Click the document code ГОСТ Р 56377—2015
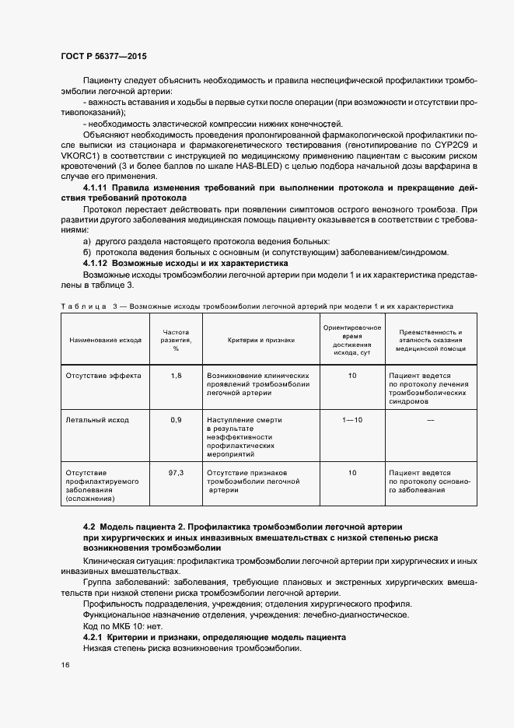coord(103,57)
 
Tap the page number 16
coord(65,666)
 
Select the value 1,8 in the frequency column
coord(176,375)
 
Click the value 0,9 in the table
coord(176,420)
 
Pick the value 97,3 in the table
coord(176,472)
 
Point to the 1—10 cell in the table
coord(351,420)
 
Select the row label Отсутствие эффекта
coord(103,375)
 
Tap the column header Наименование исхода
coord(105,340)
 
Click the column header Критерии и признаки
coord(260,340)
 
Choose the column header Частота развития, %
coord(176,340)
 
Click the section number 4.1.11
coord(96,189)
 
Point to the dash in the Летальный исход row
coord(430,421)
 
